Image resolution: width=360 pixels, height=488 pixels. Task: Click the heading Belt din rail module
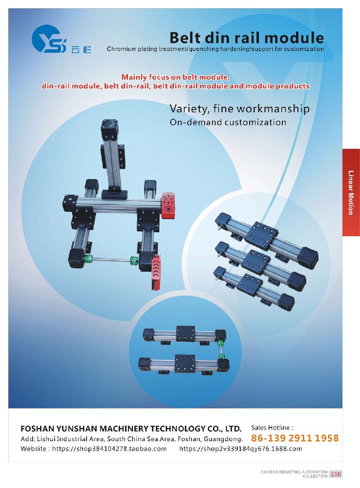(247, 38)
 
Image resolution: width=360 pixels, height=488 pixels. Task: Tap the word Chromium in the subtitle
(122, 49)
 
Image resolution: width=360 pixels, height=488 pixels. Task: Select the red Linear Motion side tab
(351, 192)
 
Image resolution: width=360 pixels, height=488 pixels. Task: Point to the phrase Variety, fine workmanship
(239, 109)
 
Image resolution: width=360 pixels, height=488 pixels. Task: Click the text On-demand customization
(228, 122)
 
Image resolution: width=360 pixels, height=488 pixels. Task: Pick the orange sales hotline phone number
(295, 438)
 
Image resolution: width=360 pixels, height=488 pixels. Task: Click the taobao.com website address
(109, 449)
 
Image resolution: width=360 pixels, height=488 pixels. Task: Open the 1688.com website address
(240, 449)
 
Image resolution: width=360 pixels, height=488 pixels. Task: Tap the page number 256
(336, 474)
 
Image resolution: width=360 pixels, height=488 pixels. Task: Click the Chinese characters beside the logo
(81, 49)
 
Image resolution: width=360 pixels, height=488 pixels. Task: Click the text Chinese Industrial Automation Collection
(294, 474)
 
